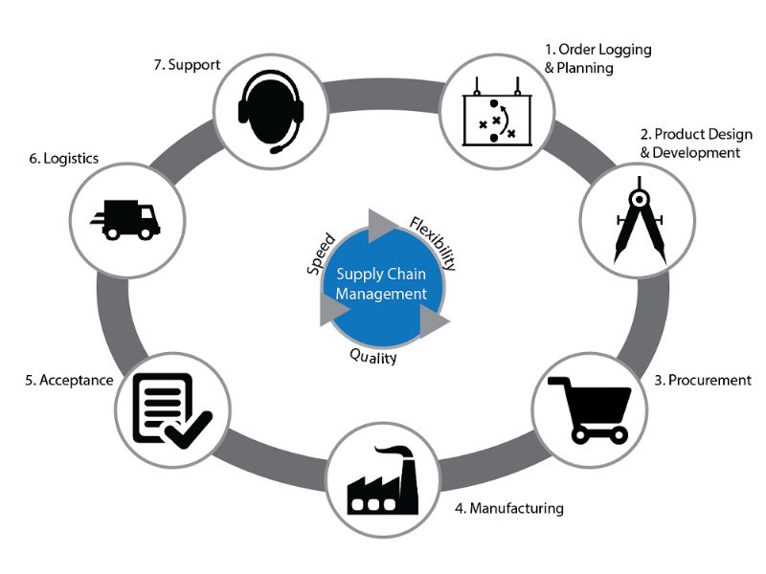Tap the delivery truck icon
125,220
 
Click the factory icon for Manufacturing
383,480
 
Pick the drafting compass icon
640,221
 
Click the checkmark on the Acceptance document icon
189,430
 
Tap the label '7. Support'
187,65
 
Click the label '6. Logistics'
64,159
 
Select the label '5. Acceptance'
69,380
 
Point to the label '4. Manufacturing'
509,509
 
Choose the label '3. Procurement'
703,380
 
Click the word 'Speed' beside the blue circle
322,254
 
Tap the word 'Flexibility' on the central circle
434,243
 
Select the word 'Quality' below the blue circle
373,357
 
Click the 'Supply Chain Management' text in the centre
381,284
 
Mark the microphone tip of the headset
276,149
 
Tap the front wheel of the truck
146,233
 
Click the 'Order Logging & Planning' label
597,58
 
